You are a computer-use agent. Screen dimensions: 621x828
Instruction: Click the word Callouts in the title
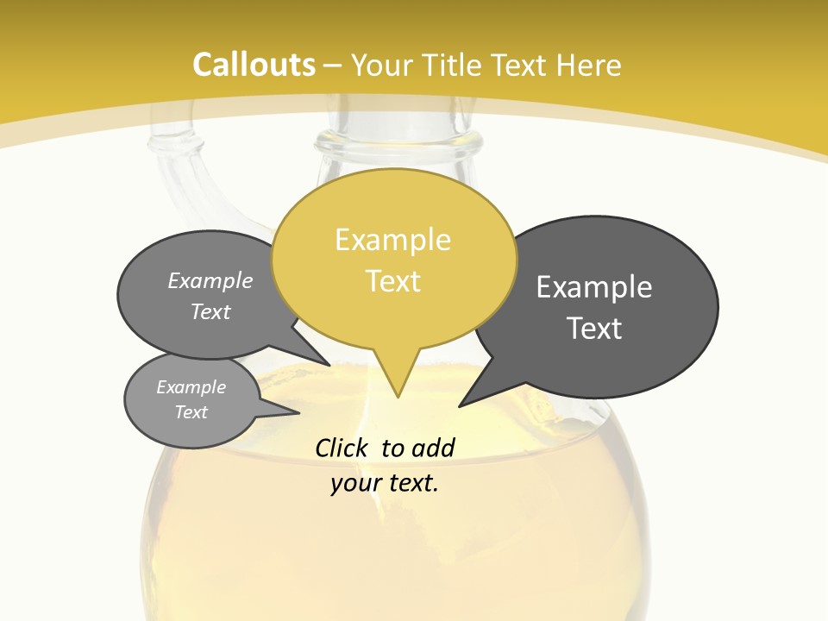(x=254, y=65)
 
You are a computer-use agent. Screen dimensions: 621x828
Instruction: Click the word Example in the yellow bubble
(x=392, y=240)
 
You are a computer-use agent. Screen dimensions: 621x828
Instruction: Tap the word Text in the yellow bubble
(x=393, y=281)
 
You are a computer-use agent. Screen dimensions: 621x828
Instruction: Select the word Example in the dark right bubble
(x=594, y=286)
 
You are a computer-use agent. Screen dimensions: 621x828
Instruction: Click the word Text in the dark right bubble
(x=594, y=328)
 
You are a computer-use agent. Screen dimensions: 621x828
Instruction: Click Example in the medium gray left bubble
(x=210, y=280)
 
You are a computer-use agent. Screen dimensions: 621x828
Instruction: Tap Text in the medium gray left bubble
(x=210, y=311)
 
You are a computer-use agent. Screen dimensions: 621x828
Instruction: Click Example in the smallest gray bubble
(x=191, y=387)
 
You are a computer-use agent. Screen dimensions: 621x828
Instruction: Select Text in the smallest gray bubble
(x=191, y=412)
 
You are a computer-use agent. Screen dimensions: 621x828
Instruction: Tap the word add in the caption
(x=432, y=448)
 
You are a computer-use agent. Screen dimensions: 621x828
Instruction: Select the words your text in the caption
(x=384, y=483)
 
